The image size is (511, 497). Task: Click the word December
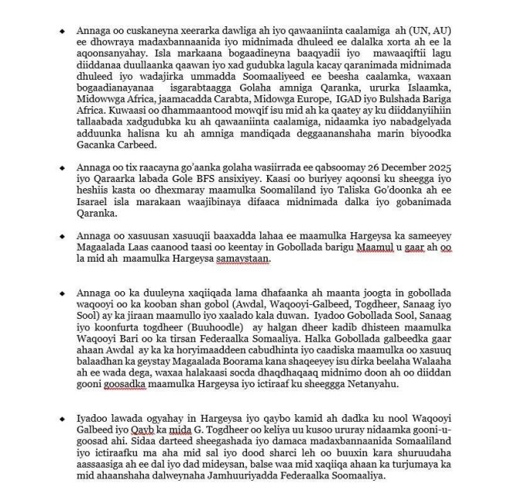[406, 166]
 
